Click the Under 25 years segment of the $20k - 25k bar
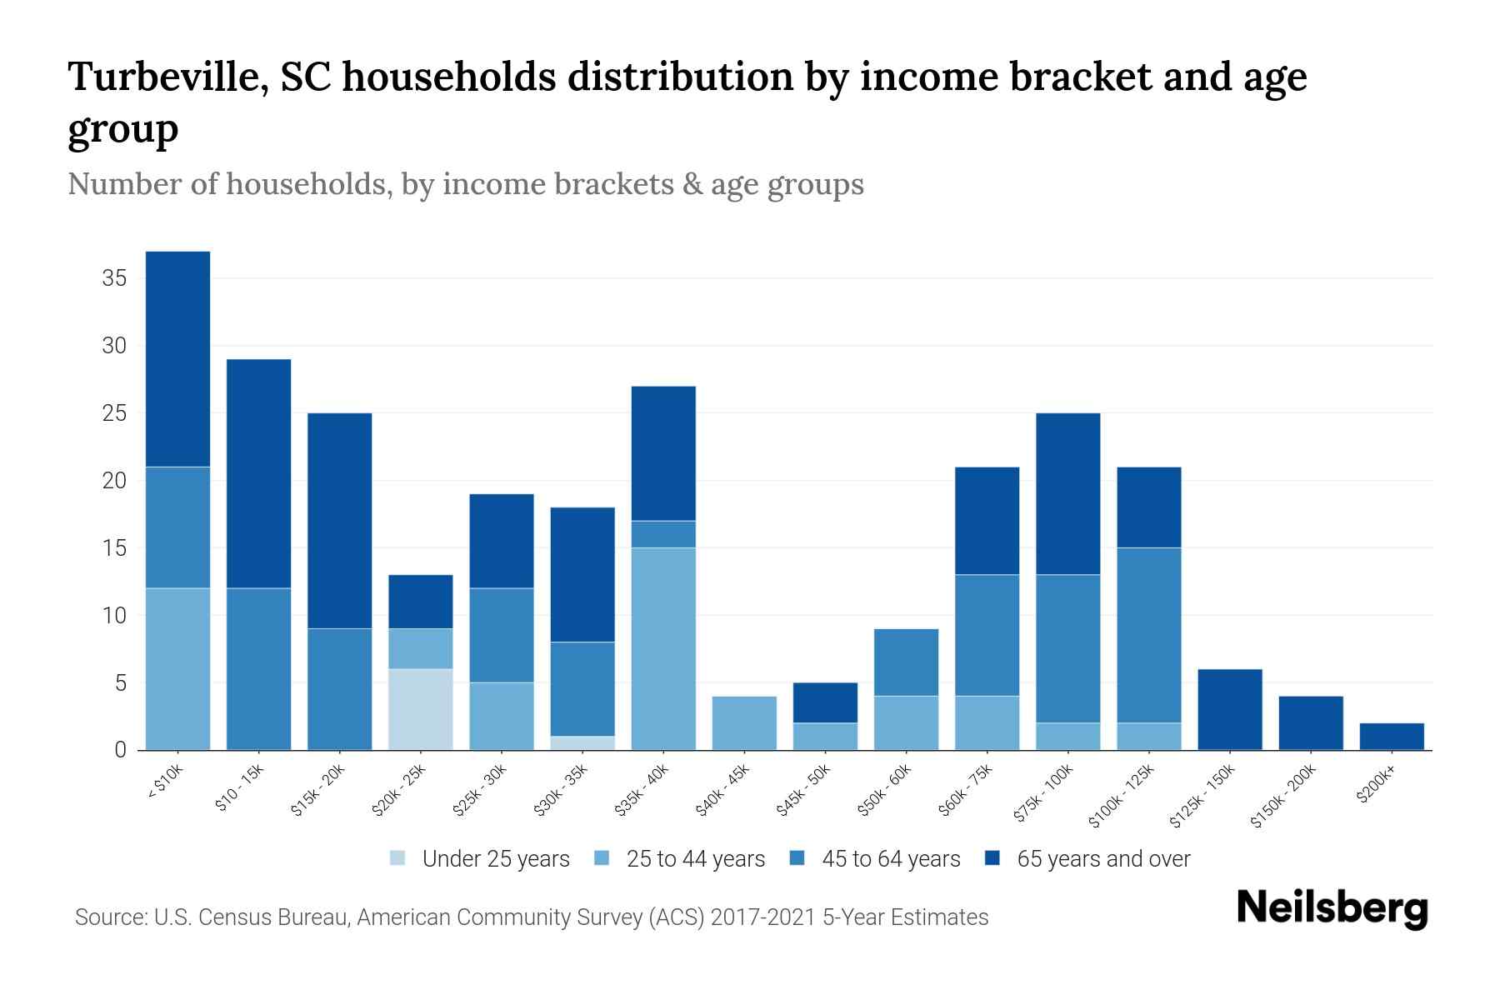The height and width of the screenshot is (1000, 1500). tap(421, 709)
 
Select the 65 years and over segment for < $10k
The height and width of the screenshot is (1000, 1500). tap(177, 359)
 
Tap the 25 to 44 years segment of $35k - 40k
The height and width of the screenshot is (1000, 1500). tap(663, 648)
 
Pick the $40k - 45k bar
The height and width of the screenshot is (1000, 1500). tap(744, 723)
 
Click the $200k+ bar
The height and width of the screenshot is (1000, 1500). tap(1392, 737)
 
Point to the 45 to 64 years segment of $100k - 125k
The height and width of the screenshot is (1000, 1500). tap(1149, 635)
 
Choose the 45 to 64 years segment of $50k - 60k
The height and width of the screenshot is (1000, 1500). tap(906, 662)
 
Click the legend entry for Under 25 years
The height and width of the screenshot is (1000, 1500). tap(496, 859)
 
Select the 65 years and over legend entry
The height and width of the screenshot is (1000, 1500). tap(1103, 859)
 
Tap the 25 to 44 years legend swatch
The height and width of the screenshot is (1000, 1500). tap(602, 858)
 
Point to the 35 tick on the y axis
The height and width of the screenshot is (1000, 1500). tap(114, 278)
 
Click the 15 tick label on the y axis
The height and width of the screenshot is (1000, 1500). tap(114, 548)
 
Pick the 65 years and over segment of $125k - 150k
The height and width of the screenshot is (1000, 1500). tap(1230, 710)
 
